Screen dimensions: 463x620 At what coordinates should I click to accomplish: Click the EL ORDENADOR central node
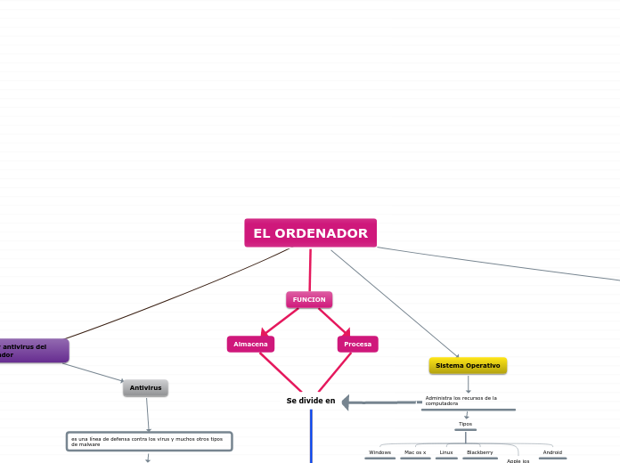310,233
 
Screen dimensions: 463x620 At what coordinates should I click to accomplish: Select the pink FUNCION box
309,300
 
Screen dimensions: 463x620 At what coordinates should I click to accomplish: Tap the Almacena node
250,344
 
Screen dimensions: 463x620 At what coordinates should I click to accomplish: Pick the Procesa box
357,344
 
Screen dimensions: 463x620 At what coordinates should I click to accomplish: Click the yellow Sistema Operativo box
468,366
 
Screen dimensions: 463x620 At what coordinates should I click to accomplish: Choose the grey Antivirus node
145,388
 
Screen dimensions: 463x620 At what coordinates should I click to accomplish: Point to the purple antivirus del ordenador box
32,351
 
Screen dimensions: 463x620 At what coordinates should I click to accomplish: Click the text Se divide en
310,401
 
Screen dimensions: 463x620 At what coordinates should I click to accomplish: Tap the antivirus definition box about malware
149,442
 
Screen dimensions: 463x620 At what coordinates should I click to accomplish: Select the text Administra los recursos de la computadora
461,401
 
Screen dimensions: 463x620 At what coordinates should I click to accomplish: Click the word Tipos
465,424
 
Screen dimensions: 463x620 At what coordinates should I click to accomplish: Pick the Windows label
379,452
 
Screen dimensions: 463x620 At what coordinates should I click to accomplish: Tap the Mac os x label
415,452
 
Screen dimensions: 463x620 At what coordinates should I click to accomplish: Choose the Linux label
446,452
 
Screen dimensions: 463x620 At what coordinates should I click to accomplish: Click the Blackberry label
479,452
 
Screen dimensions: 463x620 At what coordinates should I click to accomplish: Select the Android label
552,452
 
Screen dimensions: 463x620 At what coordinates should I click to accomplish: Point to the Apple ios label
518,460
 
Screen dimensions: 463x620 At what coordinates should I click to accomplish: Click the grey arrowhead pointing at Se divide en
347,402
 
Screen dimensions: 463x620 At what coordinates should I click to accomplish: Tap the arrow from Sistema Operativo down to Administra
469,384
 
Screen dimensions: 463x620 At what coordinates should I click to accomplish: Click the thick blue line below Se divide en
311,436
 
